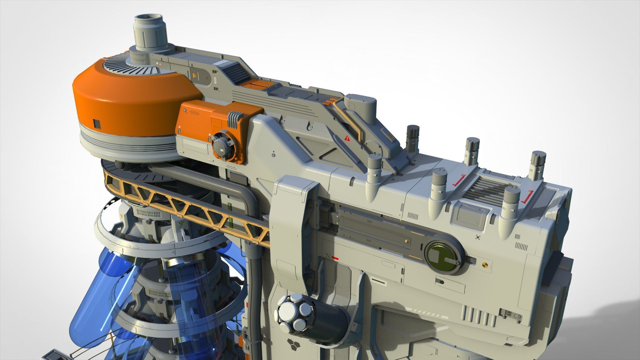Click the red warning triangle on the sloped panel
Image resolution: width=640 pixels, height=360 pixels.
coord(347,138)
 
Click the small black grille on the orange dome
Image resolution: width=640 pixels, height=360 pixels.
coord(97,124)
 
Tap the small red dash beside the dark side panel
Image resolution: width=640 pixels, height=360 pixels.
coord(335,258)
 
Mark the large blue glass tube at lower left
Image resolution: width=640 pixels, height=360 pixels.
coord(100,290)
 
